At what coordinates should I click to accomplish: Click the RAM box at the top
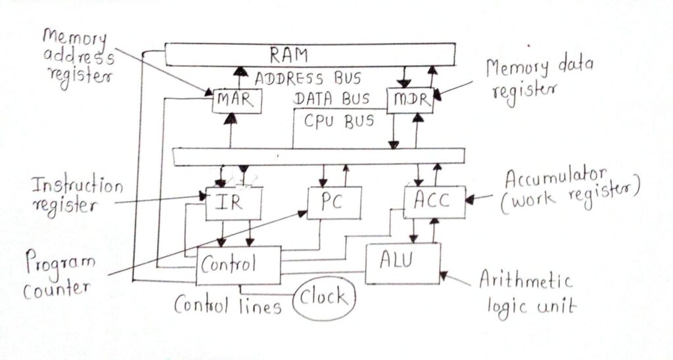coord(309,54)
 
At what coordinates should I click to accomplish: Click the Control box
coord(239,266)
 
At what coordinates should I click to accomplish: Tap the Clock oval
coord(323,298)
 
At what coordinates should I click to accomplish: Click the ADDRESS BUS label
coord(308,78)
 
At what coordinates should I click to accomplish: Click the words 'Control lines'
coord(227,305)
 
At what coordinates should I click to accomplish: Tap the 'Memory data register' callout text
coord(537,78)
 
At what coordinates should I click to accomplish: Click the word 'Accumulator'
coord(556,177)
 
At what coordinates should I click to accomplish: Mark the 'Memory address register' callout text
coord(78,57)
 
